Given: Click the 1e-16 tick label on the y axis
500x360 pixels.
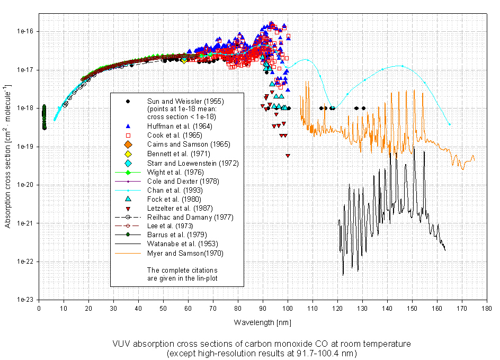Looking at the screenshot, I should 24,32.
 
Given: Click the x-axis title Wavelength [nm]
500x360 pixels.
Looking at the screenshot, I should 262,322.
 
